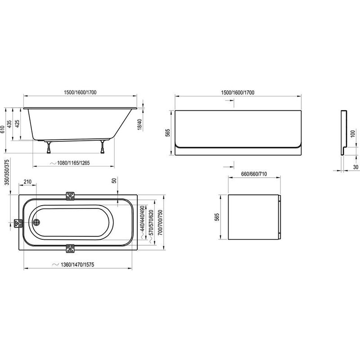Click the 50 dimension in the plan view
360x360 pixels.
[x=115, y=181]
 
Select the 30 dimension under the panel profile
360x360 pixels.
[x=355, y=167]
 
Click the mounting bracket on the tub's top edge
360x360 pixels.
[x=71, y=196]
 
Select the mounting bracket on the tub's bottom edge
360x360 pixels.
[x=71, y=248]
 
